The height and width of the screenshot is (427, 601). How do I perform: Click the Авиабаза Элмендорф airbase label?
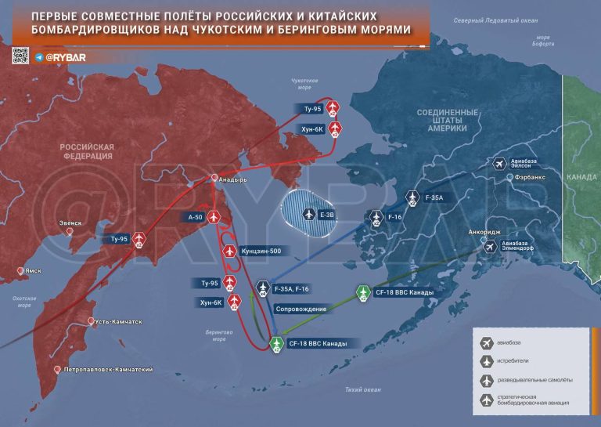[523, 247]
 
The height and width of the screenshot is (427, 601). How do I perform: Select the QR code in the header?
[20, 56]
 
